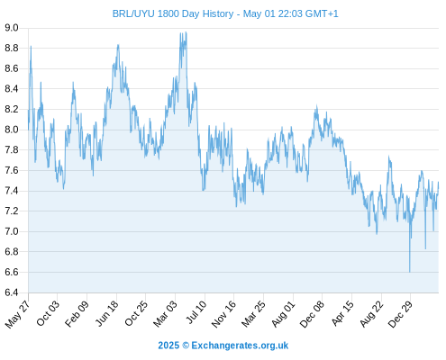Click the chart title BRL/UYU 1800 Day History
click(x=173, y=13)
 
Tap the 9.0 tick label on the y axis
click(x=12, y=28)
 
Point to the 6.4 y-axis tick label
click(x=12, y=292)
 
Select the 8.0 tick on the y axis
click(x=12, y=130)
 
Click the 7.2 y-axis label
click(x=12, y=211)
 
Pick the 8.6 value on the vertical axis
click(x=12, y=68)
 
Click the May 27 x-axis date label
click(x=17, y=314)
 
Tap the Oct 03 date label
click(x=48, y=313)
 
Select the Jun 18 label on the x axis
click(x=107, y=313)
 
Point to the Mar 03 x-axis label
click(x=165, y=314)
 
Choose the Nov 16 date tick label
click(x=223, y=314)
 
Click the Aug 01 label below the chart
click(x=283, y=314)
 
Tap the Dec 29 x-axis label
click(x=400, y=314)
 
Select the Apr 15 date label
click(x=342, y=313)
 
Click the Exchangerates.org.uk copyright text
click(x=240, y=346)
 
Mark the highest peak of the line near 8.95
click(x=187, y=32)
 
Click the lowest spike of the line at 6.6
click(x=410, y=272)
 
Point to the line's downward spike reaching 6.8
click(x=425, y=248)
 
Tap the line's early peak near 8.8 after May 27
click(x=31, y=47)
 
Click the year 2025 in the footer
click(x=168, y=346)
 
